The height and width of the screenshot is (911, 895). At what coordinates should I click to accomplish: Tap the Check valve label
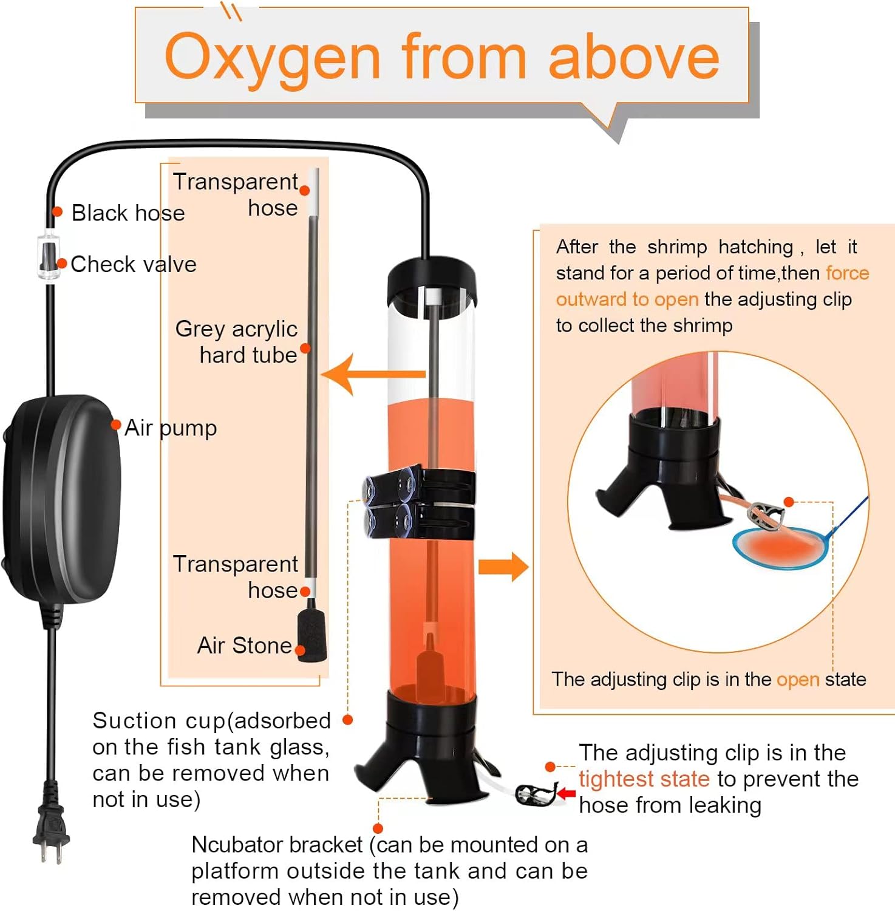click(x=134, y=264)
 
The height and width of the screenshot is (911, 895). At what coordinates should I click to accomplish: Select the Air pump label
click(x=171, y=428)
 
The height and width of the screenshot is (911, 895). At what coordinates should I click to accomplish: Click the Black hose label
click(x=128, y=213)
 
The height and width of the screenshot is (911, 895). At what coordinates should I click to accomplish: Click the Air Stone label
click(x=245, y=646)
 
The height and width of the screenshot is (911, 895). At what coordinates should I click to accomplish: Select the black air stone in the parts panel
click(x=311, y=635)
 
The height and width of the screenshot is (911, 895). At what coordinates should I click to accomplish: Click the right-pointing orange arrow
click(x=503, y=567)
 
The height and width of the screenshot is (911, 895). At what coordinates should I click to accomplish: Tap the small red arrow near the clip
click(x=567, y=793)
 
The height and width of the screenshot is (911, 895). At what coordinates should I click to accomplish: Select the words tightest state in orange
click(x=644, y=779)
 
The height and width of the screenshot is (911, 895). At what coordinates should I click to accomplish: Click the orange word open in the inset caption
click(x=798, y=680)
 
